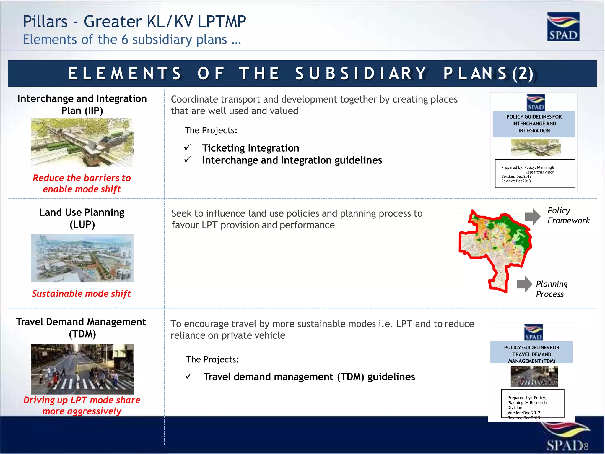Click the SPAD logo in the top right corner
click(x=563, y=27)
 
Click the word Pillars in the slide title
click(x=45, y=22)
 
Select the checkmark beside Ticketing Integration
click(x=188, y=147)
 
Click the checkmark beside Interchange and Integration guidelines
click(x=188, y=159)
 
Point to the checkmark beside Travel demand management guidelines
click(x=189, y=376)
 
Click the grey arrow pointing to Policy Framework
click(x=532, y=216)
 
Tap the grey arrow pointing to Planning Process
click(x=524, y=284)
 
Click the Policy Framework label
click(x=568, y=215)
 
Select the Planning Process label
click(x=551, y=289)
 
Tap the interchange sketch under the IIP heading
click(x=82, y=142)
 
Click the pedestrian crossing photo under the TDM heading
click(x=82, y=369)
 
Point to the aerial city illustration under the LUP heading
click(x=82, y=258)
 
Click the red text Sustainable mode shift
click(x=82, y=294)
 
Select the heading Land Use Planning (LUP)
click(x=82, y=218)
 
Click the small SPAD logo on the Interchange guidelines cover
click(x=536, y=102)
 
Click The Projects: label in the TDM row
click(x=212, y=359)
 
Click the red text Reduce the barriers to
click(x=82, y=178)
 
